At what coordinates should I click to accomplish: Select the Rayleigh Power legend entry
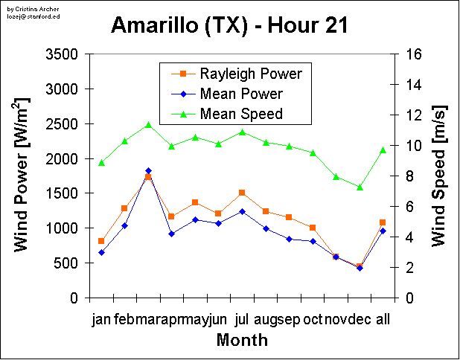click(250, 74)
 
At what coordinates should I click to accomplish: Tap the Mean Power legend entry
click(241, 94)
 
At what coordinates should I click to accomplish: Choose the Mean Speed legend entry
click(241, 114)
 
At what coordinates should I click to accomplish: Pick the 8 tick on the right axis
click(409, 176)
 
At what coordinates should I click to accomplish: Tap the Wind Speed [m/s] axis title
click(438, 176)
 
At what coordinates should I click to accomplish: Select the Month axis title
click(242, 340)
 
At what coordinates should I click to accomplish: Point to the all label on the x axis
click(383, 319)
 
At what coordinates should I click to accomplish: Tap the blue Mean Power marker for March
click(148, 171)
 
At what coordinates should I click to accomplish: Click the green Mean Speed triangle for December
click(360, 187)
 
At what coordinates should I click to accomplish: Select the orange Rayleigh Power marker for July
click(242, 193)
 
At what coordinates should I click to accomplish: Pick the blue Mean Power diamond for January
click(101, 252)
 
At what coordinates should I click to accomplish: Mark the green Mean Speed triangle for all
click(383, 150)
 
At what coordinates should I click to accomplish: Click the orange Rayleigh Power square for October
click(313, 228)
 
